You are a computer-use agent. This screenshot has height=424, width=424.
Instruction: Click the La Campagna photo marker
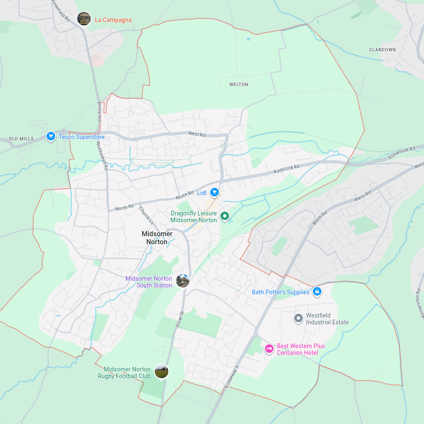tap(84, 19)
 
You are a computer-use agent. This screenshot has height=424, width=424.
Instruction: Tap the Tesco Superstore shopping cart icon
tap(51, 137)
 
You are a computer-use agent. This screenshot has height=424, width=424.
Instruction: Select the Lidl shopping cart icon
tap(215, 192)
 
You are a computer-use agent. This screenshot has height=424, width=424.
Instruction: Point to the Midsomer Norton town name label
tap(157, 238)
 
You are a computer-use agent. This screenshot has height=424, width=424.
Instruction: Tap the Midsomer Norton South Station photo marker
tap(183, 281)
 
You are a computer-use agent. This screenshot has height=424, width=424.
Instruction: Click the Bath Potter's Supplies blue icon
tap(317, 292)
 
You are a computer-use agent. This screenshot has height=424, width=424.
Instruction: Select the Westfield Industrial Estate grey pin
tap(298, 318)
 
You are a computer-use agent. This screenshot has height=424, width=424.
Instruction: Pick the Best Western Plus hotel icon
tap(269, 349)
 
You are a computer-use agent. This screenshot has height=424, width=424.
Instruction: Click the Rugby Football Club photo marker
tap(161, 371)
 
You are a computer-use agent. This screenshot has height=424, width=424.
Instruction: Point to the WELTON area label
tap(239, 84)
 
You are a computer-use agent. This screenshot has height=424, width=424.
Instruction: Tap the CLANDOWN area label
tap(382, 50)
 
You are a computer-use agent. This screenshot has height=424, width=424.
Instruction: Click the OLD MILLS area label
tap(21, 139)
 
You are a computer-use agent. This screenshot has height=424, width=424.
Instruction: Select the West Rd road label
tap(197, 134)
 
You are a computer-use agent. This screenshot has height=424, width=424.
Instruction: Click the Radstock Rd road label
tap(287, 168)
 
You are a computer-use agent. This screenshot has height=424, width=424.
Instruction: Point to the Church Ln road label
tap(145, 215)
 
